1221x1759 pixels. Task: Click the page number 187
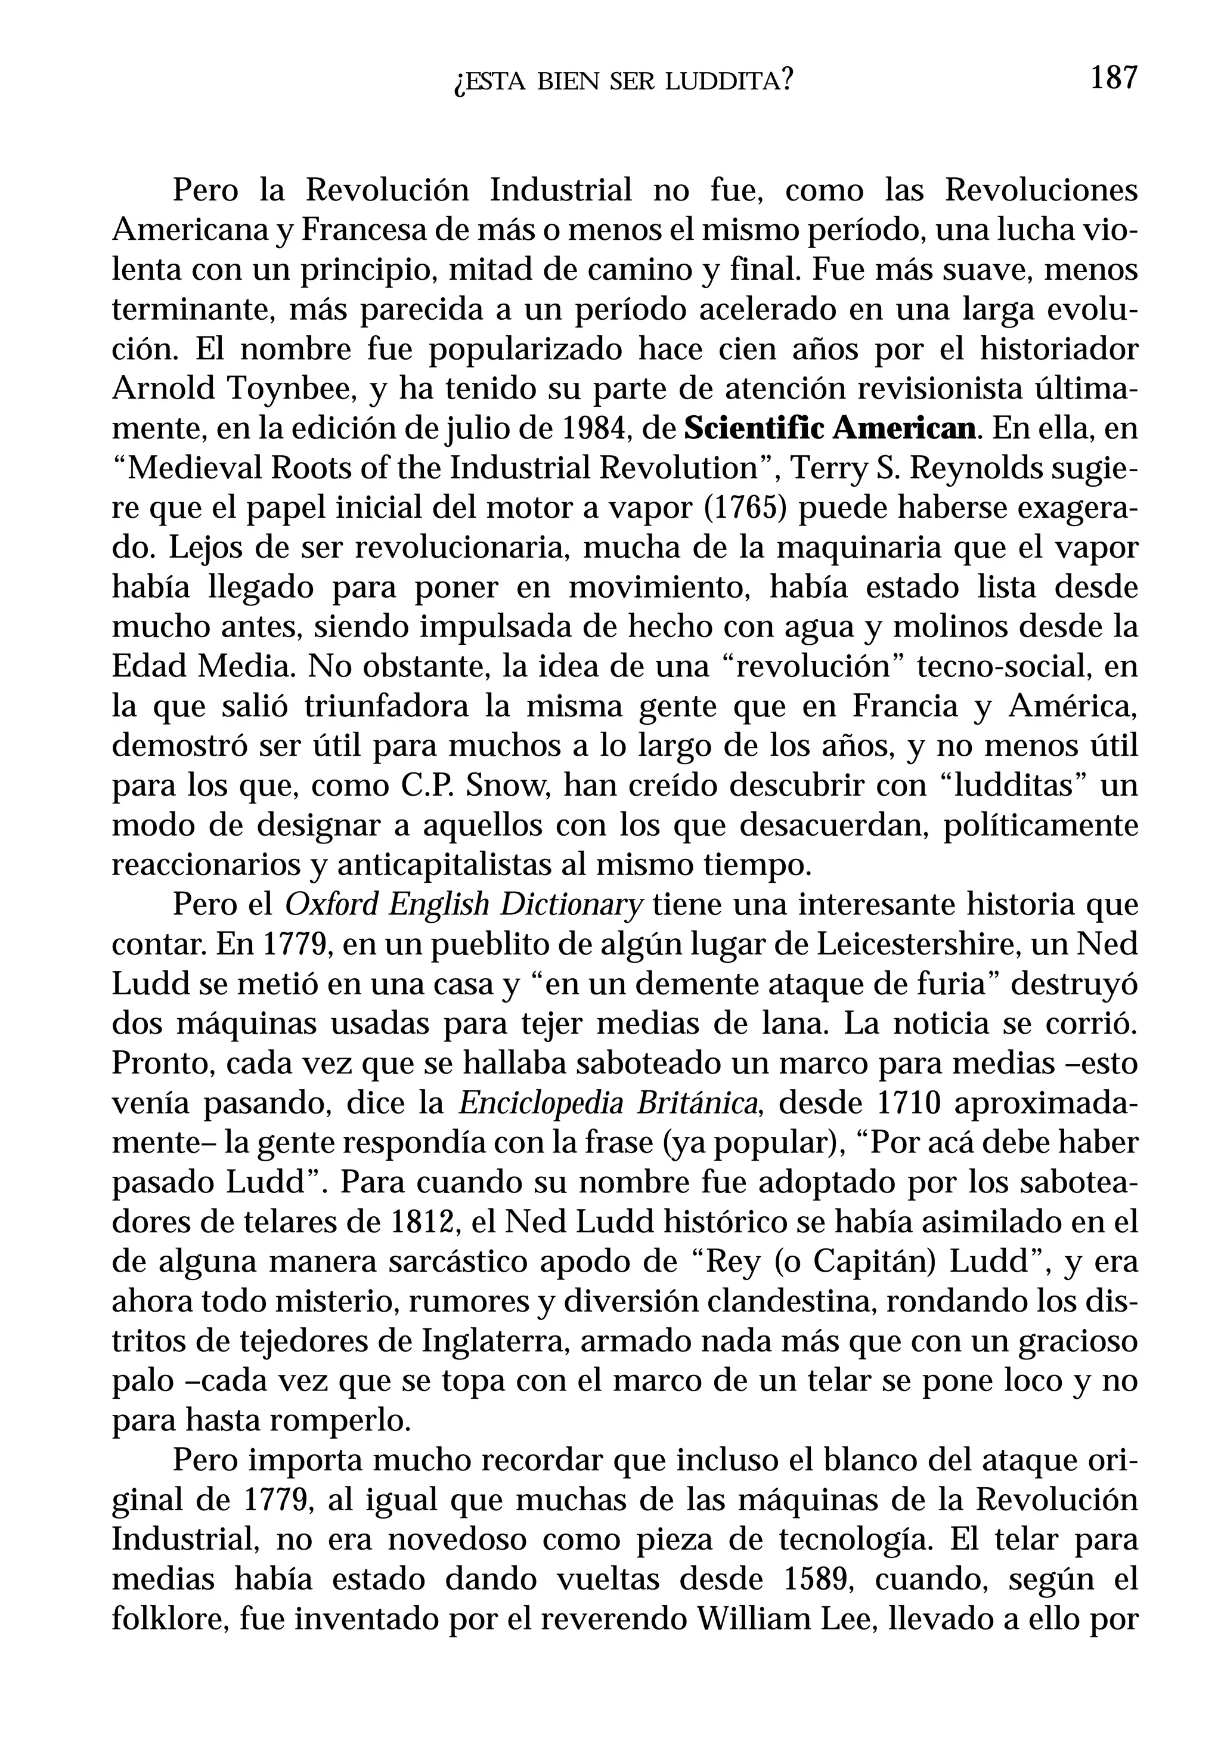point(1113,79)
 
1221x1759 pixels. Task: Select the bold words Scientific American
point(830,429)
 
